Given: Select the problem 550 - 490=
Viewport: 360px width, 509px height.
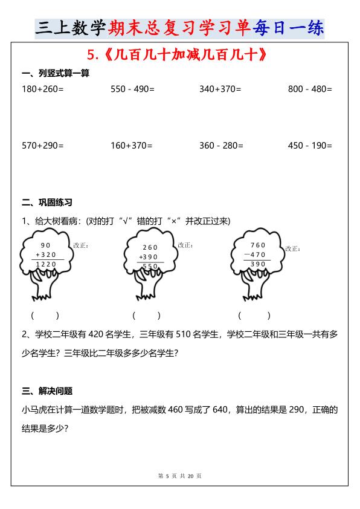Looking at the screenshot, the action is point(132,89).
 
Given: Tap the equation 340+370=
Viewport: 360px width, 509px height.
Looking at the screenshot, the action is point(220,89).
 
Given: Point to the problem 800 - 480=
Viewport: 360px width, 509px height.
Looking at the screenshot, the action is point(310,89).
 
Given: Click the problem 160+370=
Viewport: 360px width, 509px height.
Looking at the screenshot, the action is point(131,146).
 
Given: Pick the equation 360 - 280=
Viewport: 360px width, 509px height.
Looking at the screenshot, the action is point(221,146).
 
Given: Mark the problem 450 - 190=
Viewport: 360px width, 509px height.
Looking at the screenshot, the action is point(310,146).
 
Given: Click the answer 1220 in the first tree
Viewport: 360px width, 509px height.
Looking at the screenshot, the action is point(46,264).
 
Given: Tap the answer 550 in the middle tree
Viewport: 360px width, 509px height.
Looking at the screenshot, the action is point(150,266).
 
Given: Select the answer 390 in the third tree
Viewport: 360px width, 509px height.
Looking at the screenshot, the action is point(258,264).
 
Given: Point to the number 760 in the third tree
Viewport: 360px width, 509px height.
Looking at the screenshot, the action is point(258,245).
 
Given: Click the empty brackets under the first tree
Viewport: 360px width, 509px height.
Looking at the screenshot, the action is point(45,315).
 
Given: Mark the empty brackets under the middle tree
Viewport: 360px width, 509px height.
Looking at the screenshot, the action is point(146,315).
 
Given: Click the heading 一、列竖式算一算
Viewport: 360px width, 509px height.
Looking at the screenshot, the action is point(55,74).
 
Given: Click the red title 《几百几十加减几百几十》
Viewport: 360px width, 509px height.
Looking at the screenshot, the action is point(178,55).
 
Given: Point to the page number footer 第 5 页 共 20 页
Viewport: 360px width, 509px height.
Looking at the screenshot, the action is point(179,476).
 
